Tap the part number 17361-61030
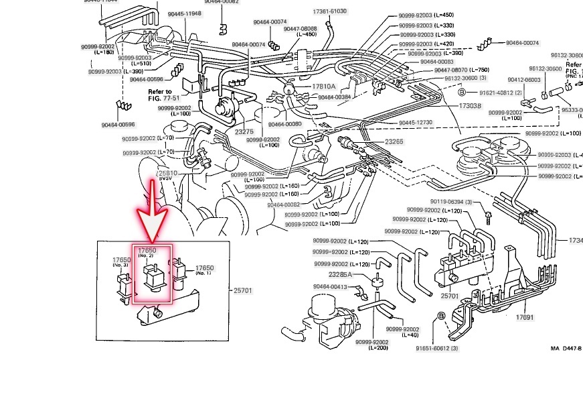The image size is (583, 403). click(330, 11)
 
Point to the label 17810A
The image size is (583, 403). click(323, 87)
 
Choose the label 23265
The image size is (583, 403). click(394, 141)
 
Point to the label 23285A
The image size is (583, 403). click(341, 274)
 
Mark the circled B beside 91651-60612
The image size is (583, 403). click(441, 315)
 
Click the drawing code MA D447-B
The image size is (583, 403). click(566, 349)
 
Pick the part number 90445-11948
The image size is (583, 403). click(184, 13)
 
